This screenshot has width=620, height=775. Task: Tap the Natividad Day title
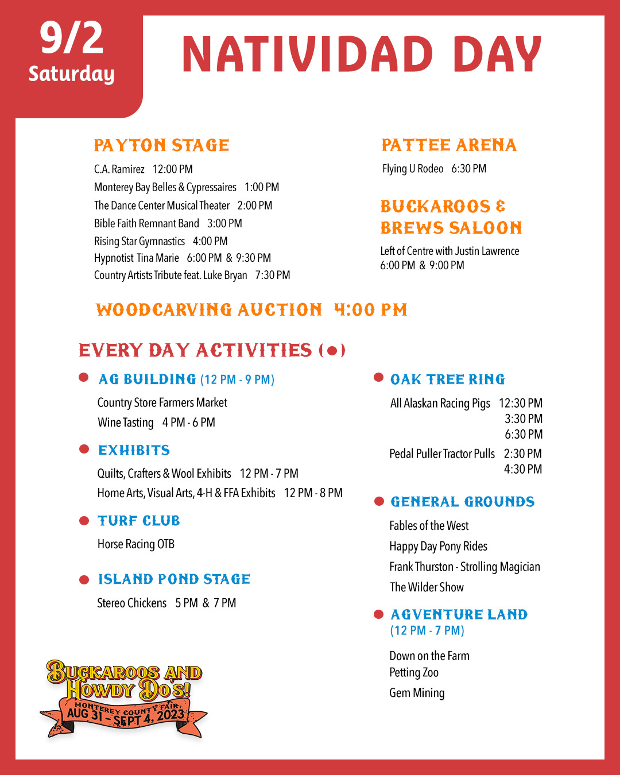click(x=362, y=55)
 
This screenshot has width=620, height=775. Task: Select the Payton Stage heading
click(x=161, y=145)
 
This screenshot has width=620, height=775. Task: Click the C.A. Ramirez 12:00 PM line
click(x=144, y=169)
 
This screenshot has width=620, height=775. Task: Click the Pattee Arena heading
click(x=449, y=145)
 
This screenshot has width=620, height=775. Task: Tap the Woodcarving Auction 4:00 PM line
click(x=251, y=310)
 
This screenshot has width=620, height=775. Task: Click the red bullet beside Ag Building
click(x=84, y=378)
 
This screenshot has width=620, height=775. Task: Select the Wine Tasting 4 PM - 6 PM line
click(x=156, y=423)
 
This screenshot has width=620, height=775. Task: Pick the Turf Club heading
click(x=138, y=521)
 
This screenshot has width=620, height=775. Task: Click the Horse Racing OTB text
click(x=136, y=544)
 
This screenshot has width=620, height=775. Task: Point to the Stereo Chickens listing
click(x=166, y=603)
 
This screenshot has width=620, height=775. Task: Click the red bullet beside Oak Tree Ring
click(x=378, y=378)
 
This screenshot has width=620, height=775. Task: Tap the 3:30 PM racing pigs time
click(x=524, y=419)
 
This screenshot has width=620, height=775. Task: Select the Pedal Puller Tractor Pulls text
click(x=442, y=454)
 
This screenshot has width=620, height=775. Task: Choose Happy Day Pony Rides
click(x=438, y=547)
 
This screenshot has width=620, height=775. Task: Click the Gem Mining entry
click(x=417, y=693)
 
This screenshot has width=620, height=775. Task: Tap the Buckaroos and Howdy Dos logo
click(x=124, y=697)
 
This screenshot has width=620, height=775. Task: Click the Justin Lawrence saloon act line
click(x=449, y=251)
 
